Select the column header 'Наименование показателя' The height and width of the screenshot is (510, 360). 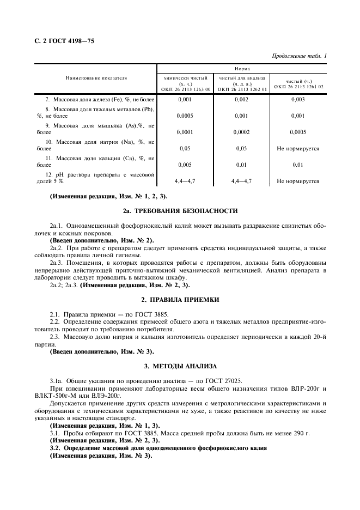(x=96, y=78)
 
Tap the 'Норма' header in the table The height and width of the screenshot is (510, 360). (x=242, y=69)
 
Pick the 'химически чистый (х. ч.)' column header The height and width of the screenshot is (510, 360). (x=186, y=83)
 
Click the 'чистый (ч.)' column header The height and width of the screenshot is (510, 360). (x=298, y=83)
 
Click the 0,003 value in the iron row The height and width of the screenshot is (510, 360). (x=298, y=100)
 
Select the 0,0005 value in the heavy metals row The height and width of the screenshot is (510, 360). (x=185, y=116)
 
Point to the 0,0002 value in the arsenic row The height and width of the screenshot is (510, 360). (x=242, y=132)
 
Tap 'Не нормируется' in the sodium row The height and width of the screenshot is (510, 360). (x=298, y=148)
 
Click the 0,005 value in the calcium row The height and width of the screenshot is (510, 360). (x=185, y=165)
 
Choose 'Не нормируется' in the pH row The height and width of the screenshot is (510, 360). (x=298, y=181)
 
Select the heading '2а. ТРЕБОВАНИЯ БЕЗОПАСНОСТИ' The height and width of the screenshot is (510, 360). (x=180, y=210)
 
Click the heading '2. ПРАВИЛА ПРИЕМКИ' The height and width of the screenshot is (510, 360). (x=180, y=300)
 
